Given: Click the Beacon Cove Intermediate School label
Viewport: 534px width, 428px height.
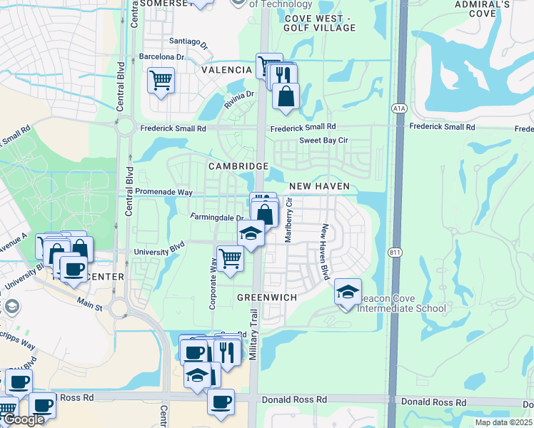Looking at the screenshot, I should point(401,303).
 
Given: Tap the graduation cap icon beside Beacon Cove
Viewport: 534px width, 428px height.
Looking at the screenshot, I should point(348,292).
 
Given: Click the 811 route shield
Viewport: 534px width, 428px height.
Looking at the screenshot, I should point(393,253).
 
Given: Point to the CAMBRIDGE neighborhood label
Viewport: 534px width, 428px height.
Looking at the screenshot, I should point(238,166).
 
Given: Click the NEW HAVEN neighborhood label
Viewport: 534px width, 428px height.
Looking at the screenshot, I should point(319,186).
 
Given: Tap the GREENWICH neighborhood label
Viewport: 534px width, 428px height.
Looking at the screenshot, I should point(267,295).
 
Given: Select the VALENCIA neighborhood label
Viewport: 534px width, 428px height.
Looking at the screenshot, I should point(226,71).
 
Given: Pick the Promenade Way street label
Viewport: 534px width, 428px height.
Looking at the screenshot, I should point(164,193).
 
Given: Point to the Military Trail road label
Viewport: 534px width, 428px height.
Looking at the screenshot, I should point(253,335).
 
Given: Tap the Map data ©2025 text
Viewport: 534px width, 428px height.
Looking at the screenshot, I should point(503,422).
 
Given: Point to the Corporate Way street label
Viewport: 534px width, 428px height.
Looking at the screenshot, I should point(213,283).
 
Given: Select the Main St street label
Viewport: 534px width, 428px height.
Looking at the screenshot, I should point(90,307).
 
